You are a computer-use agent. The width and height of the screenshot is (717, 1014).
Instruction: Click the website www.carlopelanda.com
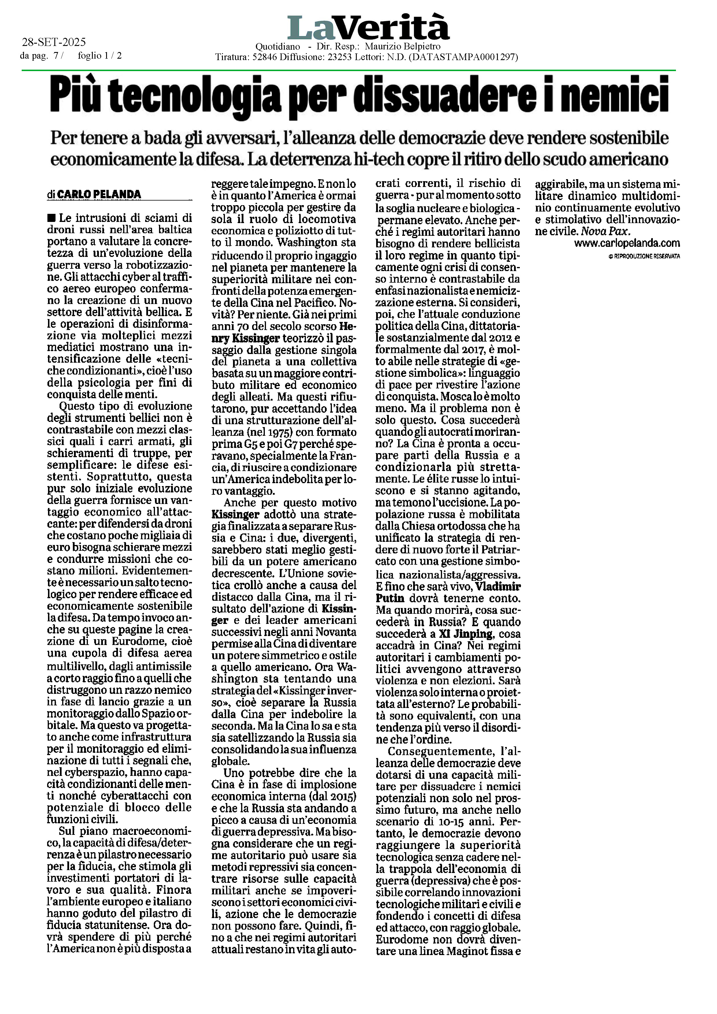627,243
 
